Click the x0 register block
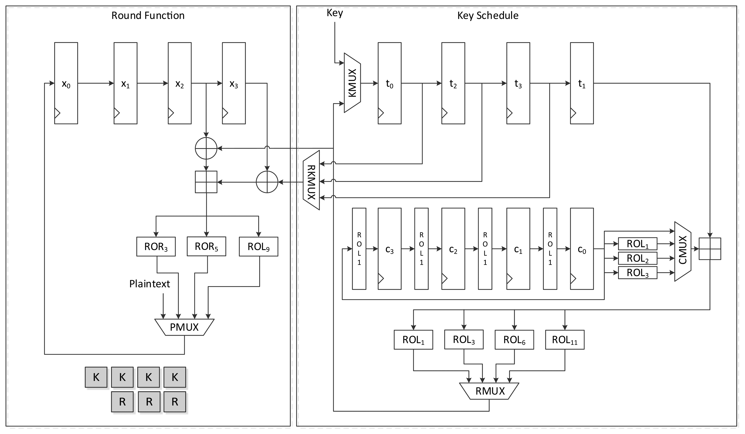pyautogui.click(x=66, y=83)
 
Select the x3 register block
pyautogui.click(x=233, y=83)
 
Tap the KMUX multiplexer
pyautogui.click(x=352, y=83)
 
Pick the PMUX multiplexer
pyautogui.click(x=184, y=327)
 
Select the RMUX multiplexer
pyautogui.click(x=490, y=391)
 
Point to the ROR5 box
pyautogui.click(x=206, y=246)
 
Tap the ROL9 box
pyautogui.click(x=258, y=246)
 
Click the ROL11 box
pyautogui.click(x=565, y=340)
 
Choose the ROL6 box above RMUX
pyautogui.click(x=514, y=340)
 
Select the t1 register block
pyautogui.click(x=581, y=83)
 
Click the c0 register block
pyautogui.click(x=581, y=249)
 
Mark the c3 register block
pyautogui.click(x=389, y=249)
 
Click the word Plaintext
pyautogui.click(x=150, y=284)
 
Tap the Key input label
pyautogui.click(x=335, y=13)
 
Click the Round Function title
pyautogui.click(x=148, y=15)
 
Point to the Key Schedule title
pyautogui.click(x=488, y=15)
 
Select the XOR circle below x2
pyautogui.click(x=206, y=148)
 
